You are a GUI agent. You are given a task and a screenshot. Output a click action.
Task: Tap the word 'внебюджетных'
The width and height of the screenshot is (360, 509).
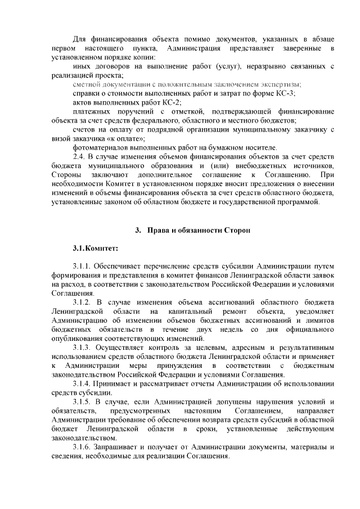pos(251,165)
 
